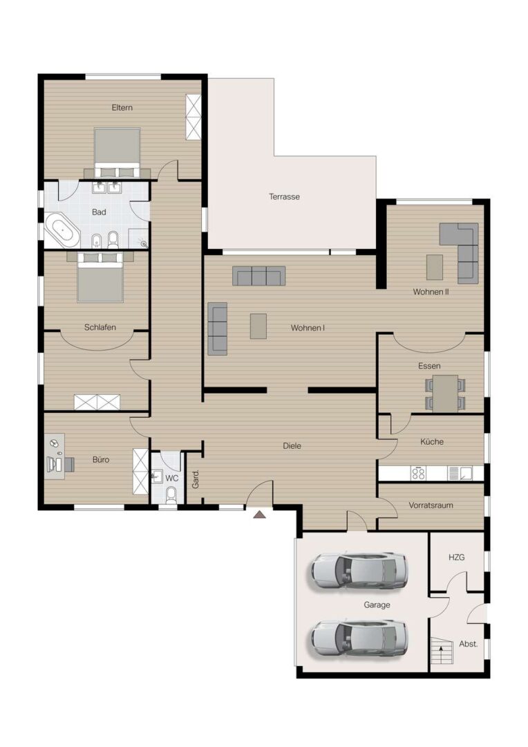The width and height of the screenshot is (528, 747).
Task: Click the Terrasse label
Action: coord(284,196)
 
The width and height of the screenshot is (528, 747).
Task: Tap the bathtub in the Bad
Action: coord(62,230)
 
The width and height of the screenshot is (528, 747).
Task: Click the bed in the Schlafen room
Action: coord(100,277)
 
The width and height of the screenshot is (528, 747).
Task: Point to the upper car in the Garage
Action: coord(359,570)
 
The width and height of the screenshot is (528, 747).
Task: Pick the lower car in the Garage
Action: coord(359,638)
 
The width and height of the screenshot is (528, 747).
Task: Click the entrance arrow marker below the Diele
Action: coord(259,514)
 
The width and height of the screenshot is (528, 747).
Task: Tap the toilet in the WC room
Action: coord(171,495)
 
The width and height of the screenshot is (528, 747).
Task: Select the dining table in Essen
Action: coord(445,394)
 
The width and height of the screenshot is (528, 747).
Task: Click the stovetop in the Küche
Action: coord(419,473)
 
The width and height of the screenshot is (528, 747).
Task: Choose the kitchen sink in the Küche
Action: coord(460,473)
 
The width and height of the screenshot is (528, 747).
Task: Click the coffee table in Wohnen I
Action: coord(258,326)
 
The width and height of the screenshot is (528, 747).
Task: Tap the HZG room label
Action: coord(457,557)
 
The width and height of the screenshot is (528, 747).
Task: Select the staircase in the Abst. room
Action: coord(442,651)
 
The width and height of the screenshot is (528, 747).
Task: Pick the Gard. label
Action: coord(196,479)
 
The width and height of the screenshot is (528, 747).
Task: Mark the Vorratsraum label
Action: coord(431,505)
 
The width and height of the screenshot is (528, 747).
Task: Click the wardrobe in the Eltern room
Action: coord(194,117)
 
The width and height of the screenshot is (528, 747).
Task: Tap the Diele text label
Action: coord(292,446)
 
